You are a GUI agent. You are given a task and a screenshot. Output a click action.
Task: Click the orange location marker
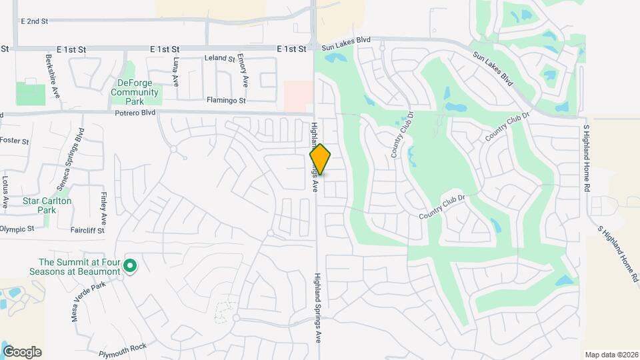coord(320,159)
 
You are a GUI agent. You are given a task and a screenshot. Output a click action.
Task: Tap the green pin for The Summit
coord(131,267)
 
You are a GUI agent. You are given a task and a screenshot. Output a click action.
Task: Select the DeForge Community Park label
coord(135,92)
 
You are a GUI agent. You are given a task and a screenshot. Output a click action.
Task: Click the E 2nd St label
coord(35,21)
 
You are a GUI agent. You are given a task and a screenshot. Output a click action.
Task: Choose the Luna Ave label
coord(176,71)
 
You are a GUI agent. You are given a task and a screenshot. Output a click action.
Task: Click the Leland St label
coord(220,59)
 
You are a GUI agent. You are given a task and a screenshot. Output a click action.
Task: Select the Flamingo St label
coord(227,101)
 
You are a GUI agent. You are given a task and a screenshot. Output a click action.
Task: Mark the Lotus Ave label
coord(5,191)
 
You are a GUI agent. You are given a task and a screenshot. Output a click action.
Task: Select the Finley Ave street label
coord(104,208)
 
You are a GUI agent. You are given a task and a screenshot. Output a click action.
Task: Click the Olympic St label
coord(17,229)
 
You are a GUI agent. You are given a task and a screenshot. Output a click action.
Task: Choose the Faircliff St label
coord(87,231)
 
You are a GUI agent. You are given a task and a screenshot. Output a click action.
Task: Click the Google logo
coord(22,352)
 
